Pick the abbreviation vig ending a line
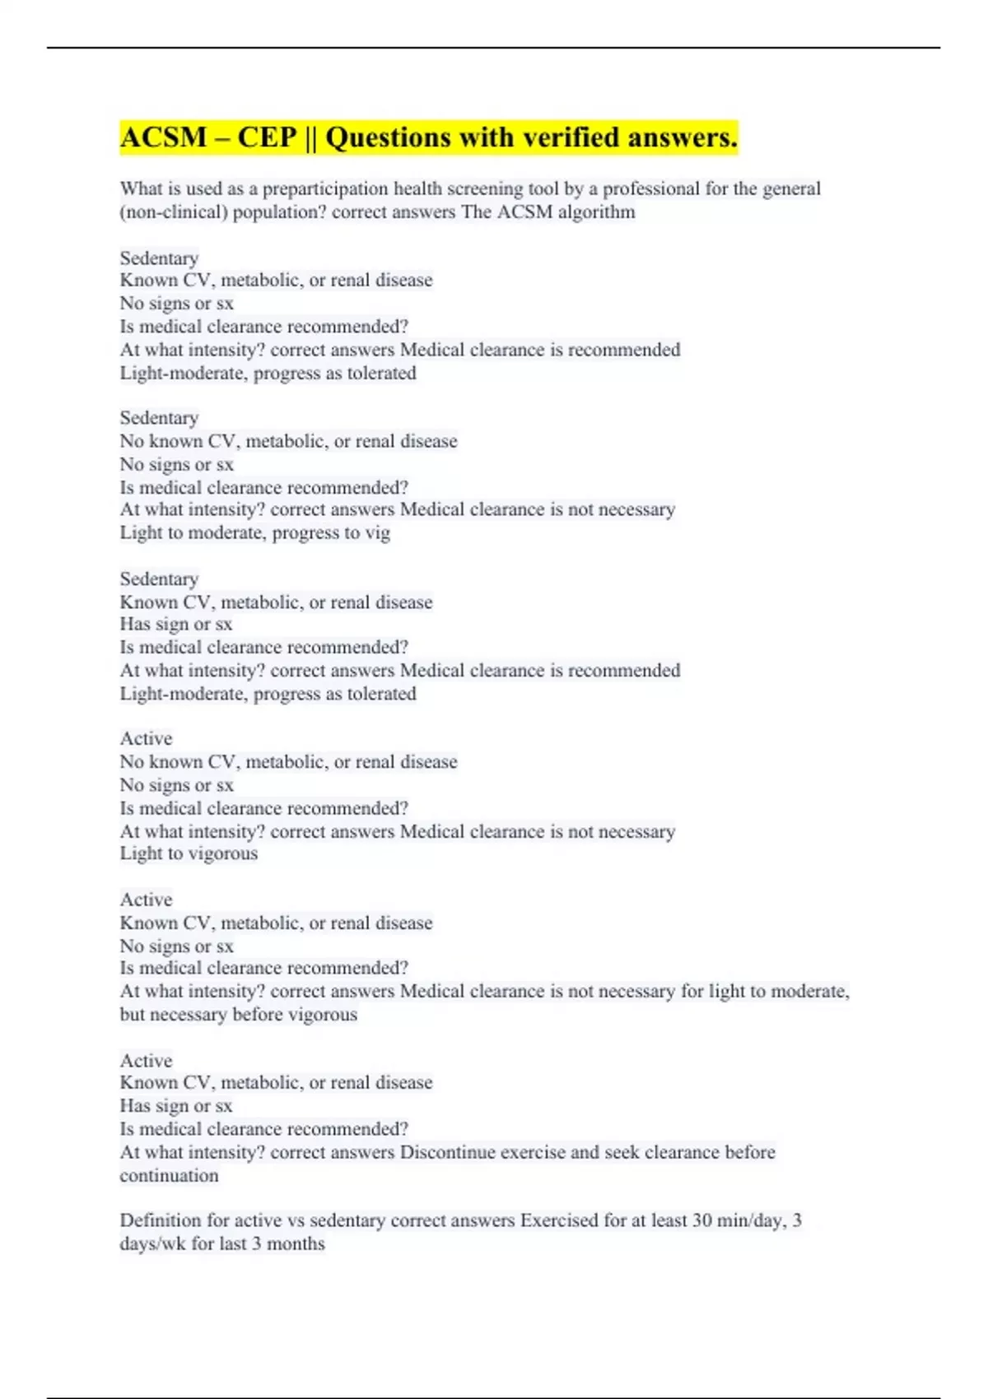(378, 533)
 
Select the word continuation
(169, 1175)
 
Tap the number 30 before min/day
(702, 1220)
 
